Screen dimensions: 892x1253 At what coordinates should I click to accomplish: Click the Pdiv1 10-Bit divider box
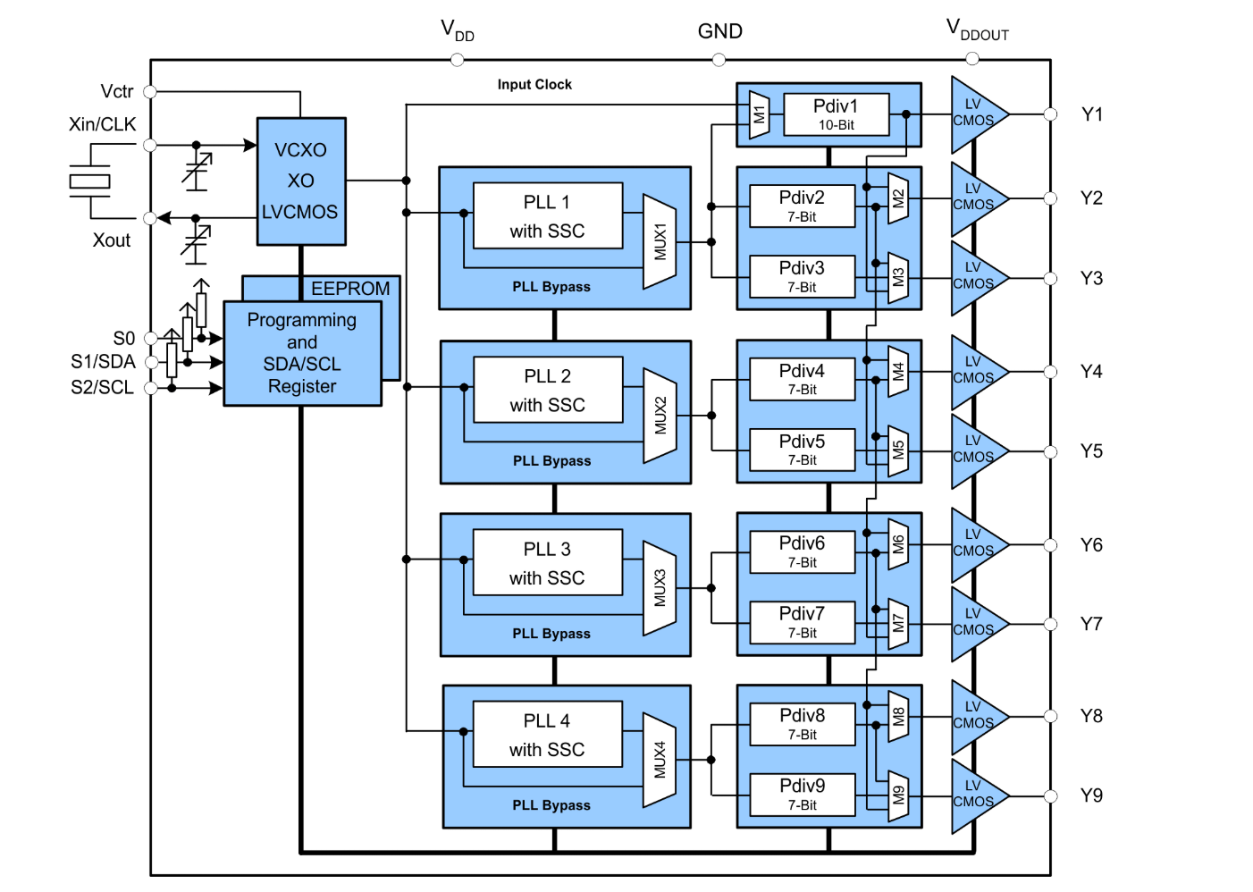click(x=836, y=114)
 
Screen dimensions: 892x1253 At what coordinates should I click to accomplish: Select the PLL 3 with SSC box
click(x=547, y=562)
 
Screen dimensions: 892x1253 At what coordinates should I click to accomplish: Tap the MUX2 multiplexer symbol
click(x=660, y=416)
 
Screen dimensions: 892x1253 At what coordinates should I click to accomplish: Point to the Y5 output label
click(x=1091, y=451)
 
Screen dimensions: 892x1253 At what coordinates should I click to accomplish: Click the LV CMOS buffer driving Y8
click(x=975, y=716)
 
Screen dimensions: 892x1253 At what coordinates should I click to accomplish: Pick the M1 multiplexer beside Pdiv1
click(x=759, y=114)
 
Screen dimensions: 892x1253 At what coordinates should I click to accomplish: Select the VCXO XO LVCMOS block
click(x=301, y=181)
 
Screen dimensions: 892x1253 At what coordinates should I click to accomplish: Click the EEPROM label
click(x=350, y=289)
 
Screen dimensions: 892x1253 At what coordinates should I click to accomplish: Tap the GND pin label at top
click(x=719, y=31)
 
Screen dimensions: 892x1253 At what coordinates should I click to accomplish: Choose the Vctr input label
click(x=117, y=91)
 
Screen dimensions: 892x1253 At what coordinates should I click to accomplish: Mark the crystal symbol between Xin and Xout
click(x=89, y=181)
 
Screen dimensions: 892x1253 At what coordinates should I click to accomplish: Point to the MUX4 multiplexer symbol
click(x=660, y=760)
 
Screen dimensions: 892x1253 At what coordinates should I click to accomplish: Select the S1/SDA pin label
click(x=103, y=362)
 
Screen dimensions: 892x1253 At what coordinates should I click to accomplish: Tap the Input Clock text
click(x=534, y=84)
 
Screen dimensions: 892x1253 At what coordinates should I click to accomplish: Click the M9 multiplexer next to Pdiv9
click(x=898, y=795)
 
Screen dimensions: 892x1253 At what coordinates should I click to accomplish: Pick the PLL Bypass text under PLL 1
click(x=551, y=287)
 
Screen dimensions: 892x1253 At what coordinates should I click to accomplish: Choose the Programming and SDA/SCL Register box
click(x=302, y=353)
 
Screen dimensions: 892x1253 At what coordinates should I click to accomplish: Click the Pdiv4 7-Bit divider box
click(x=802, y=379)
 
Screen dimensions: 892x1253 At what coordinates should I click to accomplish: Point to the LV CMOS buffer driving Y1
click(x=975, y=114)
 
